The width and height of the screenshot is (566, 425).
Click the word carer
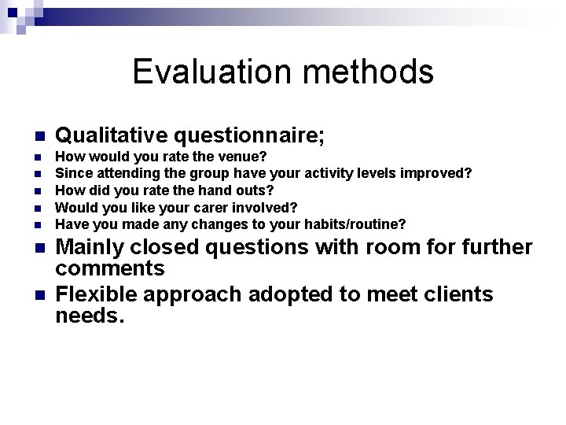[213, 208]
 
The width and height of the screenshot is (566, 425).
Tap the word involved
[266, 208]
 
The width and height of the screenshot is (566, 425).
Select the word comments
[109, 268]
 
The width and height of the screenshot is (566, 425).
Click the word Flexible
[97, 294]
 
